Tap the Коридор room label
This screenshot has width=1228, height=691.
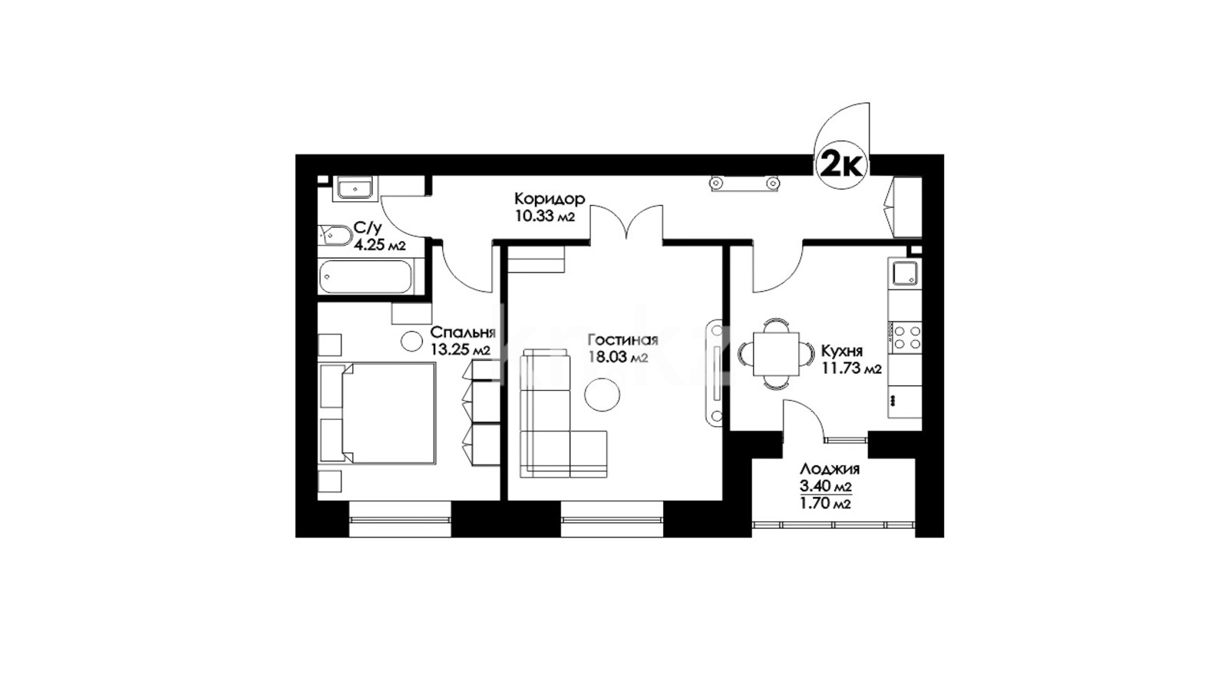550,198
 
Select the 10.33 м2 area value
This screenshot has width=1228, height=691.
544,216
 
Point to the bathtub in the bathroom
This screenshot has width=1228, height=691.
365,276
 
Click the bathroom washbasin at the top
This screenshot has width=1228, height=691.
356,187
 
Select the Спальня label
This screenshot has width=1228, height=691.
463,333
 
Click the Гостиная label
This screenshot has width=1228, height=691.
622,340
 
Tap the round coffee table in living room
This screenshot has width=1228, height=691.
602,395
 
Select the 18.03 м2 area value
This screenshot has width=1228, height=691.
619,358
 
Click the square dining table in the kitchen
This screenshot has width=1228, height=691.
776,354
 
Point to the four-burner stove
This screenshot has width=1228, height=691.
906,337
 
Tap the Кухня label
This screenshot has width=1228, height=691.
842,351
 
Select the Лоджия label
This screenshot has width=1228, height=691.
830,469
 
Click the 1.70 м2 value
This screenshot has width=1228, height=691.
826,504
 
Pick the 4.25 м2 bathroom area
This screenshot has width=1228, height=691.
379,245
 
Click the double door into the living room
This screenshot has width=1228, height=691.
626,223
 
